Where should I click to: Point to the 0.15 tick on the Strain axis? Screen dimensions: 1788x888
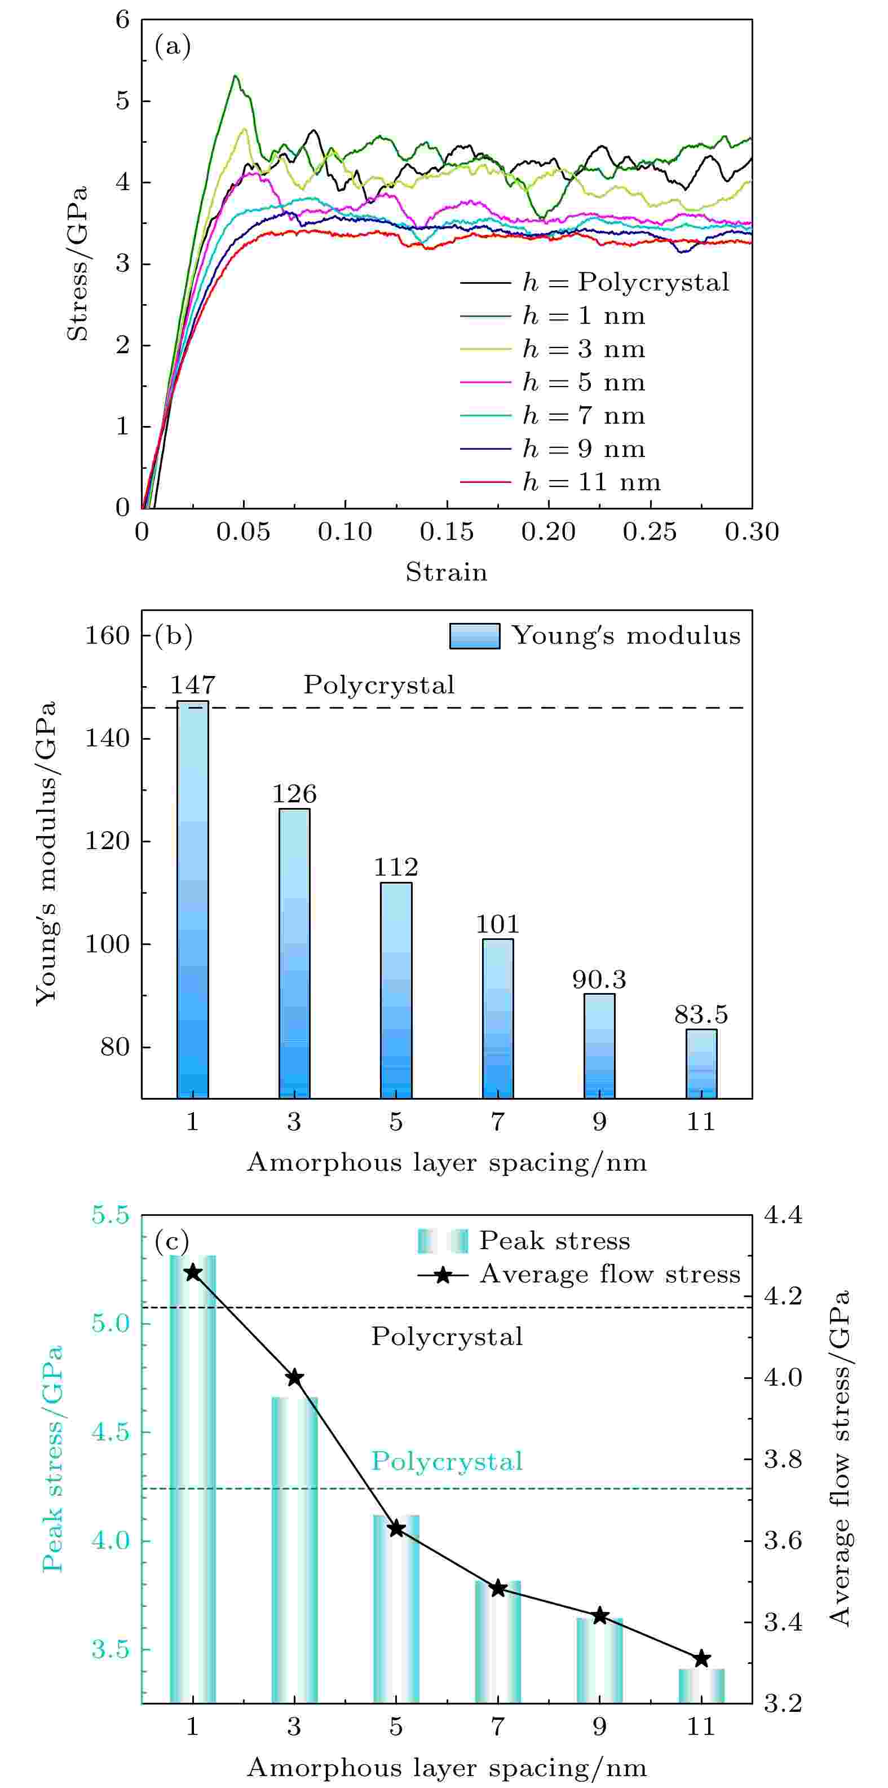coord(447,533)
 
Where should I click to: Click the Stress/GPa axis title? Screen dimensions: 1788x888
coord(78,263)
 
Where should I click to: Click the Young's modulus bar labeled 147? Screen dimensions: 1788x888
coord(193,902)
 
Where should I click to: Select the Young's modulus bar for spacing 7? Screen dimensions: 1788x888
coord(497,1020)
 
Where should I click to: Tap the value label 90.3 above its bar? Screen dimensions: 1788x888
coord(599,979)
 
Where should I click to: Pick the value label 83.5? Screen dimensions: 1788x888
coord(701,1015)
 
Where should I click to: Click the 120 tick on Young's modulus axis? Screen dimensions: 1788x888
coord(108,841)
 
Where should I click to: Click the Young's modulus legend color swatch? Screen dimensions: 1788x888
coord(475,636)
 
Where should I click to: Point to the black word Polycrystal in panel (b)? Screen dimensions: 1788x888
coord(379,685)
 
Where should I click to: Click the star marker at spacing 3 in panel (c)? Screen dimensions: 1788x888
coord(294,1378)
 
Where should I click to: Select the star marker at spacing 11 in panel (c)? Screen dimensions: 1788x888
coord(701,1659)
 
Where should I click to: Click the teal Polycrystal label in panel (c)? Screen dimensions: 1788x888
coord(447,1461)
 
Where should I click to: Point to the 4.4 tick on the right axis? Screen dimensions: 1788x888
coord(783,1215)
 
